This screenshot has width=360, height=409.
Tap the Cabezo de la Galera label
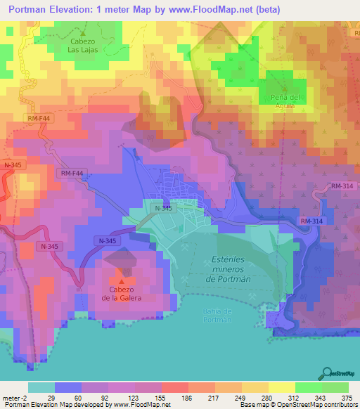click(x=121, y=294)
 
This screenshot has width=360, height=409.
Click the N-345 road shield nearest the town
click(x=162, y=208)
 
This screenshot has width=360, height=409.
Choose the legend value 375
click(x=347, y=397)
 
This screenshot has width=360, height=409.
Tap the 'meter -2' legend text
click(x=13, y=397)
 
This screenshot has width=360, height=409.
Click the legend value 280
click(x=268, y=397)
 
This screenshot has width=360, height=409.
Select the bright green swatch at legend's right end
click(x=335, y=387)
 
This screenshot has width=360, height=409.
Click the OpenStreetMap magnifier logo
click(x=328, y=373)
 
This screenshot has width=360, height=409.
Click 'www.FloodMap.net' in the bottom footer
click(x=141, y=405)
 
